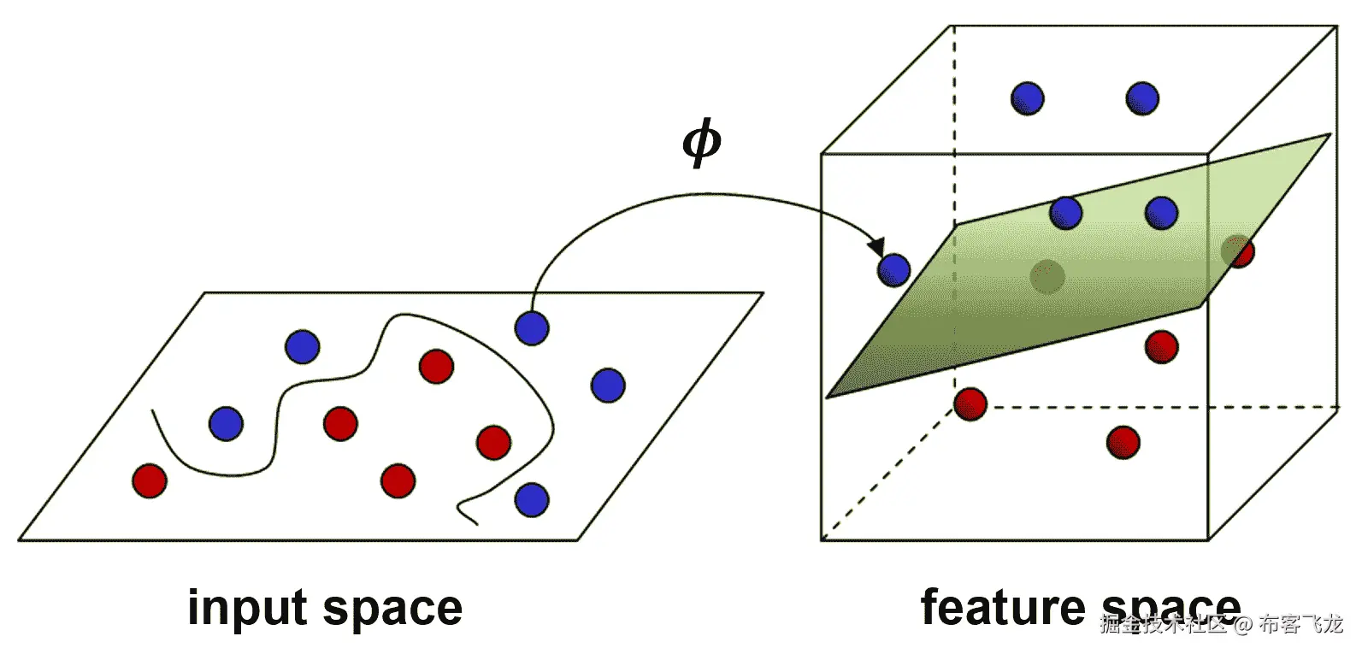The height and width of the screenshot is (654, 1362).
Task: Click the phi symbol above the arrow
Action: [701, 143]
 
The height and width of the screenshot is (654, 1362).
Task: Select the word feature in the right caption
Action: [1000, 608]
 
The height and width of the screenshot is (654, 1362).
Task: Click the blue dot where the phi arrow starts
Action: [532, 327]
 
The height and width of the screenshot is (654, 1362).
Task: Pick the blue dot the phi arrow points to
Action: [893, 270]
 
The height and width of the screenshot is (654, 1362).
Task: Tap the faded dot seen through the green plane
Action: [1047, 276]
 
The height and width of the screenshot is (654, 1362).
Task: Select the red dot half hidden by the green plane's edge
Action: [1239, 251]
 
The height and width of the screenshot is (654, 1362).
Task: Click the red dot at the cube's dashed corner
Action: [970, 404]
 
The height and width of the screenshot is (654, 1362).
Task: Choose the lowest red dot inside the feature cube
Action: [1123, 442]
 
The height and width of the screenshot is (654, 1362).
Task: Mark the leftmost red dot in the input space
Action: [150, 480]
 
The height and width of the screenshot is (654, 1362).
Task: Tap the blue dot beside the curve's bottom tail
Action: [532, 499]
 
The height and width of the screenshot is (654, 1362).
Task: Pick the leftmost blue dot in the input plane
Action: [226, 423]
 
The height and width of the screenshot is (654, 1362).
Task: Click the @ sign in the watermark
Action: [1242, 625]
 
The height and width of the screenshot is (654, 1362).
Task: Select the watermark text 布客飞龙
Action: [1300, 624]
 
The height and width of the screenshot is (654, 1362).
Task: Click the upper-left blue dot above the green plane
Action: [1027, 98]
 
